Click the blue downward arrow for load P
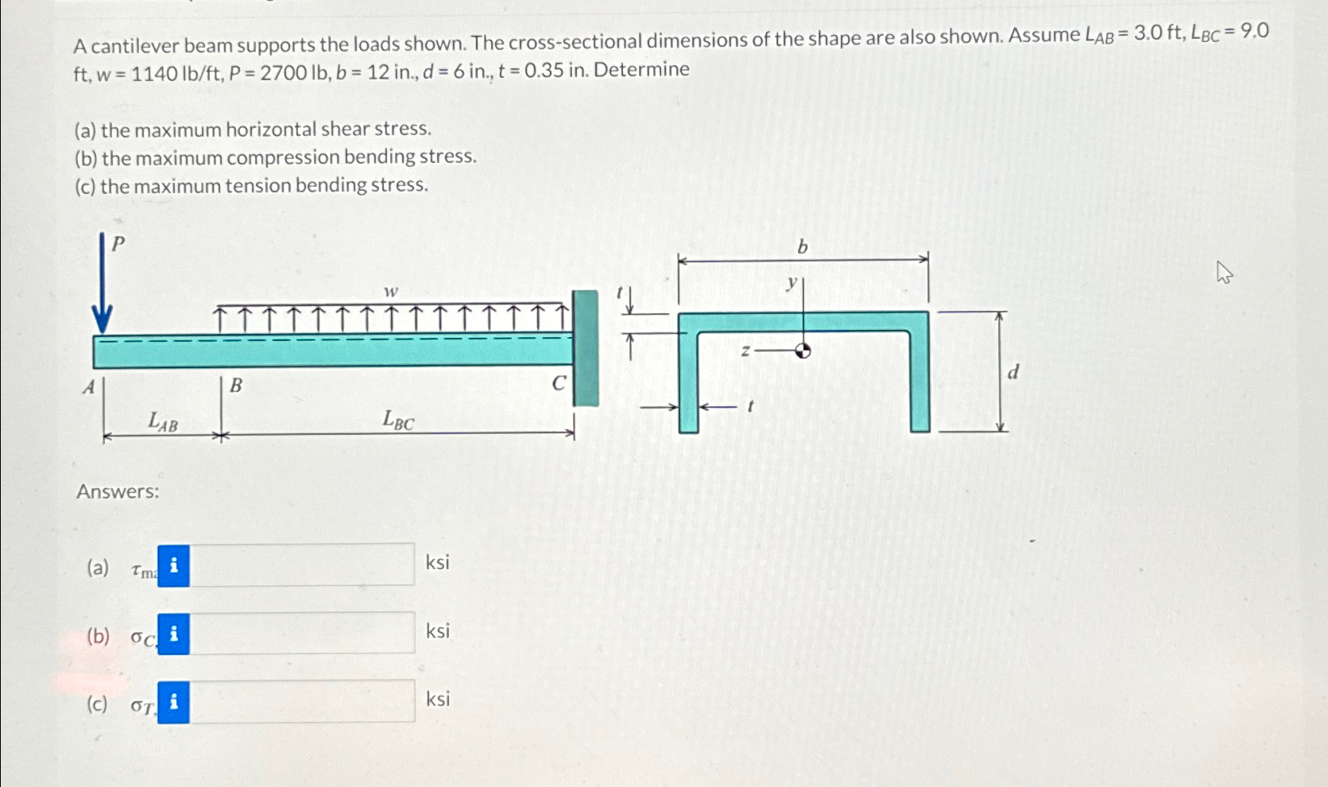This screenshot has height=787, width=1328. [102, 286]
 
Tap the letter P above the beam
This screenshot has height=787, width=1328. [118, 244]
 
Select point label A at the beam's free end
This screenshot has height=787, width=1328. [89, 387]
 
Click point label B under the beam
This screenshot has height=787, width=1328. [235, 386]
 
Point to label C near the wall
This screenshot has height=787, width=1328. [559, 383]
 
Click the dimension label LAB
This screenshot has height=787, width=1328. [163, 421]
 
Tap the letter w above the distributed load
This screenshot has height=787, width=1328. [390, 292]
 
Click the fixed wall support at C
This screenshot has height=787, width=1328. [585, 348]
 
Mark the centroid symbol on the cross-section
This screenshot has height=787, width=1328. [803, 350]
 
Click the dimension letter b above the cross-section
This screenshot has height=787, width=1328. [802, 248]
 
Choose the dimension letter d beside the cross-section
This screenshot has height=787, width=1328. [1012, 372]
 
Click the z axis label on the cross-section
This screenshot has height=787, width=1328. [745, 350]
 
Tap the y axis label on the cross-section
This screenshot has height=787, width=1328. [792, 282]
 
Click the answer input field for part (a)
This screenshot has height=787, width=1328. [302, 565]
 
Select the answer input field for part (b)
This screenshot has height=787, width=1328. [302, 634]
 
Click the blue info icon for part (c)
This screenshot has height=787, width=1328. [173, 702]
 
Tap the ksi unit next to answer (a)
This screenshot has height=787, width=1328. [437, 563]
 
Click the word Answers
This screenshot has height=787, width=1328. [118, 491]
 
